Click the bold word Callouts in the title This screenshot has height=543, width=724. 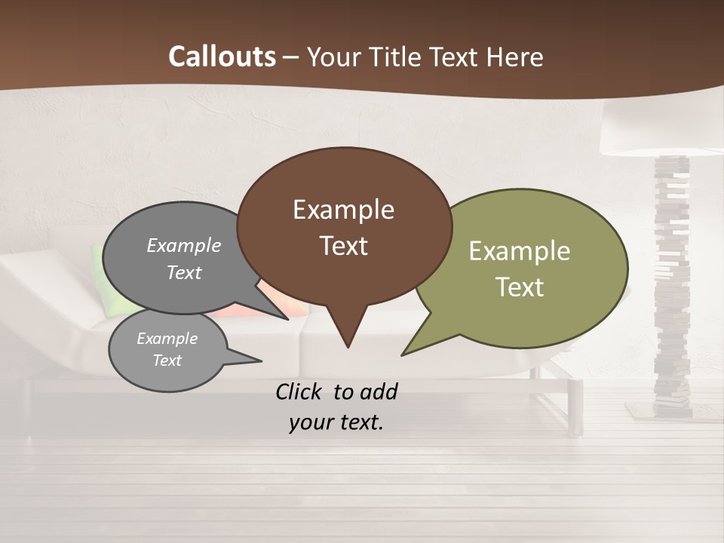(222, 57)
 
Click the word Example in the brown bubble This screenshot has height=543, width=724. (343, 210)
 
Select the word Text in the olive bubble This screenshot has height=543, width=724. (520, 287)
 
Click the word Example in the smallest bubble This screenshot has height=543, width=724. (167, 339)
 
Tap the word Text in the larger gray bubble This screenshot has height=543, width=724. (184, 273)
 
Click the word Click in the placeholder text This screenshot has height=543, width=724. (300, 391)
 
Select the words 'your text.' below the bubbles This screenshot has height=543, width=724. (336, 422)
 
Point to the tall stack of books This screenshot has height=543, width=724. (673, 287)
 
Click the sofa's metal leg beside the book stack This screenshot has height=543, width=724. (576, 407)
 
